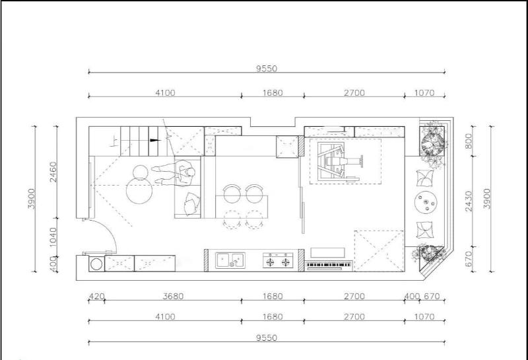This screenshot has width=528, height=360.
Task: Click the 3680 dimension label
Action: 173,297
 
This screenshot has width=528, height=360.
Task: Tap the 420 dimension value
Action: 96,297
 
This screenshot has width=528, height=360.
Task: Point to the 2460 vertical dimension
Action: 53,172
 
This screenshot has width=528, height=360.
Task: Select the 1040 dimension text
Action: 53,237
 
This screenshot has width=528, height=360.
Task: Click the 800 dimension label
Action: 469,141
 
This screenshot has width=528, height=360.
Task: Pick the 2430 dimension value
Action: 469,201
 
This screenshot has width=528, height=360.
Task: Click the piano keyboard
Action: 329,266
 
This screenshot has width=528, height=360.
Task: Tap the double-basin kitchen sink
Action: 230,260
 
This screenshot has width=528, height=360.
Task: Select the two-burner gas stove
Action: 278,260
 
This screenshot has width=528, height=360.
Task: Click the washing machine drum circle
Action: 96,264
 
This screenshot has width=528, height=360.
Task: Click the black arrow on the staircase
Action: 154,140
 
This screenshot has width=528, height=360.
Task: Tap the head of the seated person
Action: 191,172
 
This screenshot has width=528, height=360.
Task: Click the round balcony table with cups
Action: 426,202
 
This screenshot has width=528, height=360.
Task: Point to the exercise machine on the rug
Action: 340,161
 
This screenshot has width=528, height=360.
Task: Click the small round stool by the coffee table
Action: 141,172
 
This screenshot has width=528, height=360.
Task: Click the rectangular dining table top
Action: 242,207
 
